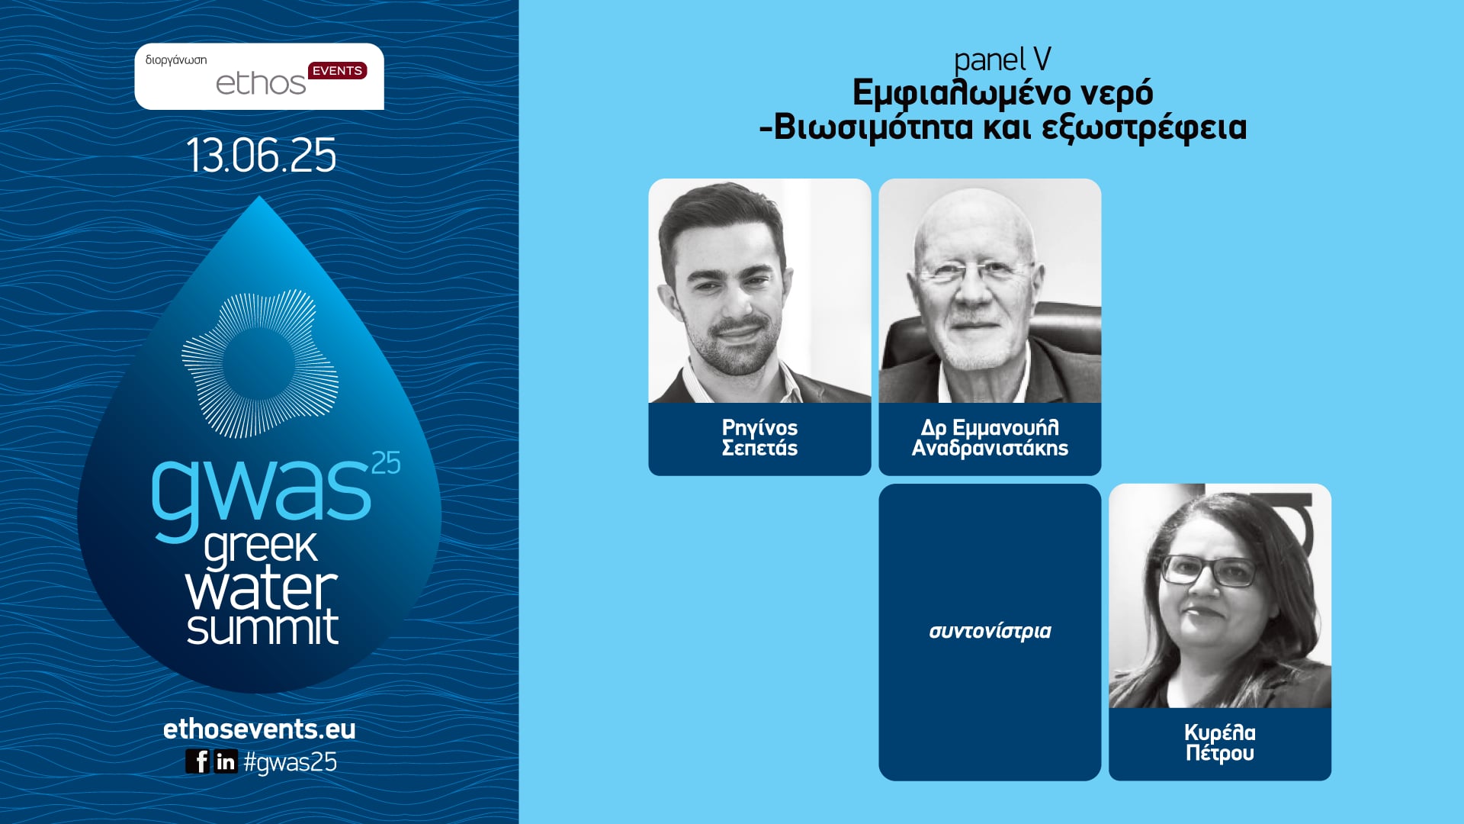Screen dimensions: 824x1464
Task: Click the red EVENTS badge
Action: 337,71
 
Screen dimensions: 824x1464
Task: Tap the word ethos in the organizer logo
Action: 260,84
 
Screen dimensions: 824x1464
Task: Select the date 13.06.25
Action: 261,156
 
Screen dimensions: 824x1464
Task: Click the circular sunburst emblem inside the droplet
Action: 260,363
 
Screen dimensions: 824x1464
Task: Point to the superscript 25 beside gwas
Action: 386,463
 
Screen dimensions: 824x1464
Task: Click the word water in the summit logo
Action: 261,588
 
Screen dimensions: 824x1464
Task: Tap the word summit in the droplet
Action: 262,627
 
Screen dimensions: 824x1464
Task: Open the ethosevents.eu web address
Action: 259,729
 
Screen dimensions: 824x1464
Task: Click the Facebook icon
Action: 197,761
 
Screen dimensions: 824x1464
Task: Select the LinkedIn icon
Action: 226,761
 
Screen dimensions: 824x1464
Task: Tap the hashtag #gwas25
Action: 291,762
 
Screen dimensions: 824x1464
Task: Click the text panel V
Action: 1002,60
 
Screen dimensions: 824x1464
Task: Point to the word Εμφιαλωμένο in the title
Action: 953,94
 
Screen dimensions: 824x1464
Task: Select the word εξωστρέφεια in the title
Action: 1144,127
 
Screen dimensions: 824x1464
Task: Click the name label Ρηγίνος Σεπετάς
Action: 759,438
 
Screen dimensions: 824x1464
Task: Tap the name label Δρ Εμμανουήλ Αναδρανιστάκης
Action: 990,438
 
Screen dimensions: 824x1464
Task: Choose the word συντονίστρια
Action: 990,631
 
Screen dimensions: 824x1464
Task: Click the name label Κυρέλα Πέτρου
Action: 1219,743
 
